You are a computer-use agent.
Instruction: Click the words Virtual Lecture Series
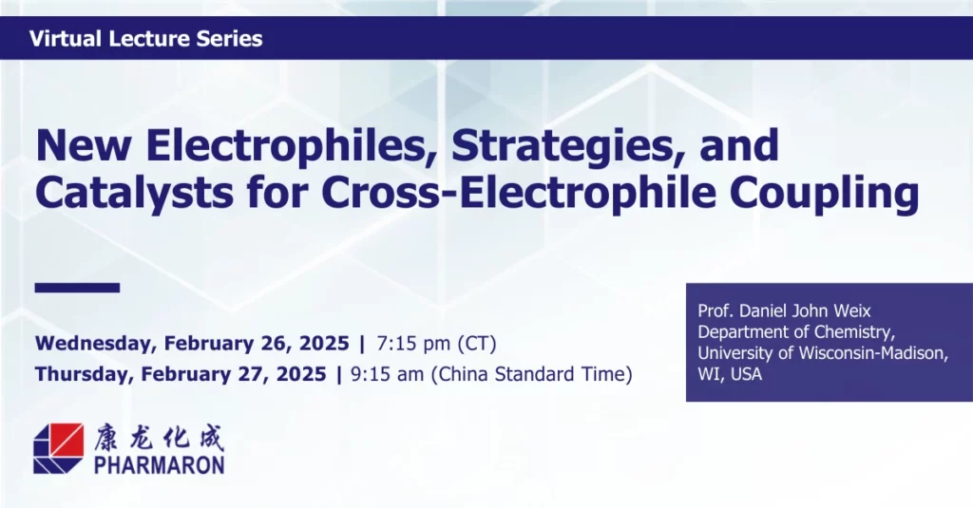145,39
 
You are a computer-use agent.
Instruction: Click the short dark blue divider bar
77,287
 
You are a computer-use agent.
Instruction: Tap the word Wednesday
96,344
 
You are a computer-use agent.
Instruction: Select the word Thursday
85,375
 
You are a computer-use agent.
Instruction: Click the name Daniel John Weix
805,310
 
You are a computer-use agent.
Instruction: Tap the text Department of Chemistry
796,331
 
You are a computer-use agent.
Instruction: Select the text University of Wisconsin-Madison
823,353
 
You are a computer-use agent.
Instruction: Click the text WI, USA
730,374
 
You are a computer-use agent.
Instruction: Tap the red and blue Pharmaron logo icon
58,448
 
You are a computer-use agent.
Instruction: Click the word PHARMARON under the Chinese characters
160,464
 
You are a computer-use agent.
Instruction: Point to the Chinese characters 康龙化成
159,438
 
